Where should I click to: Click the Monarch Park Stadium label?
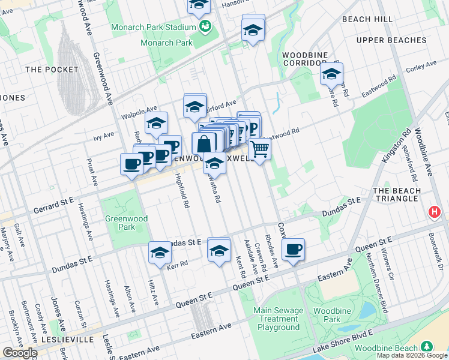point(153,28)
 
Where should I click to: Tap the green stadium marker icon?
point(205,26)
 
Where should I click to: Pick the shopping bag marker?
point(204,143)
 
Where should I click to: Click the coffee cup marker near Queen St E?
point(293,250)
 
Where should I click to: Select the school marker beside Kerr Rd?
point(160,253)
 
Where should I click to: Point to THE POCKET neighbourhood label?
point(52,70)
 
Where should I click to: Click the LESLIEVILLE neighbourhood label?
point(68,340)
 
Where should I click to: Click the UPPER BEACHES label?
point(391,40)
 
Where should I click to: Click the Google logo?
point(19,353)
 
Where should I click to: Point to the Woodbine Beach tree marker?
point(426,347)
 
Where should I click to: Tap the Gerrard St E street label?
point(52,200)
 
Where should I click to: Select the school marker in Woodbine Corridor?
point(330,74)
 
